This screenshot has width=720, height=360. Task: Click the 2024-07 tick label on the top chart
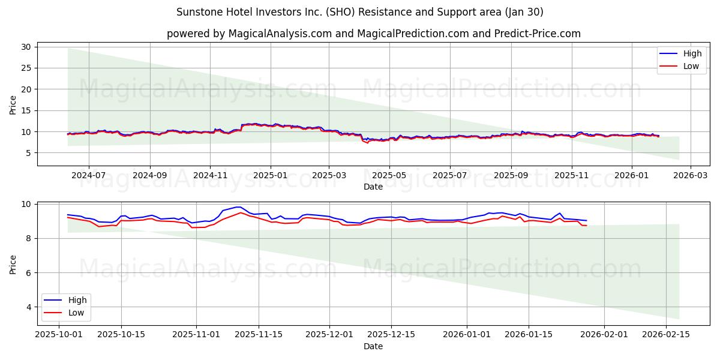(x=89, y=175)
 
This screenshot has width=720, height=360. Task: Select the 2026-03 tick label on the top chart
(x=690, y=175)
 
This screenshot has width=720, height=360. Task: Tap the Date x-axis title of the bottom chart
(x=373, y=346)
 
